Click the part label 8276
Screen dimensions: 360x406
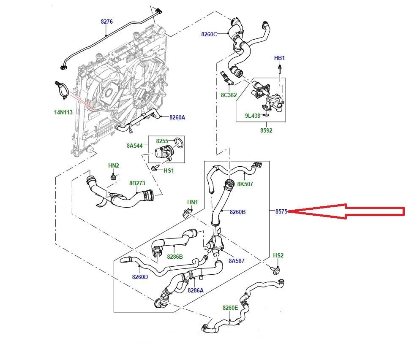[x=106, y=21]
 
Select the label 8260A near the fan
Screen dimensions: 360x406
[x=177, y=117]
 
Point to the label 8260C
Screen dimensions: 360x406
[x=209, y=34]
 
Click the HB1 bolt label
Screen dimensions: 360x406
[x=279, y=58]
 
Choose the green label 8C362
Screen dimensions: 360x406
[x=229, y=95]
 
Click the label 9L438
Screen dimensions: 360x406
[x=253, y=115]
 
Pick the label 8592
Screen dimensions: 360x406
[x=266, y=130]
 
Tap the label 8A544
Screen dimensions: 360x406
[x=135, y=146]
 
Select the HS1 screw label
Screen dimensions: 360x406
[x=169, y=171]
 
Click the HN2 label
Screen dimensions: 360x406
[x=114, y=165]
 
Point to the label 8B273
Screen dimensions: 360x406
[x=137, y=184]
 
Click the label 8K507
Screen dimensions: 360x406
[x=245, y=184]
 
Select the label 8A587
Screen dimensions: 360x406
[x=237, y=261]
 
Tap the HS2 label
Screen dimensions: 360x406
[x=278, y=256]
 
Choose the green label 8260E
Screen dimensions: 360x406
[x=230, y=308]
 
